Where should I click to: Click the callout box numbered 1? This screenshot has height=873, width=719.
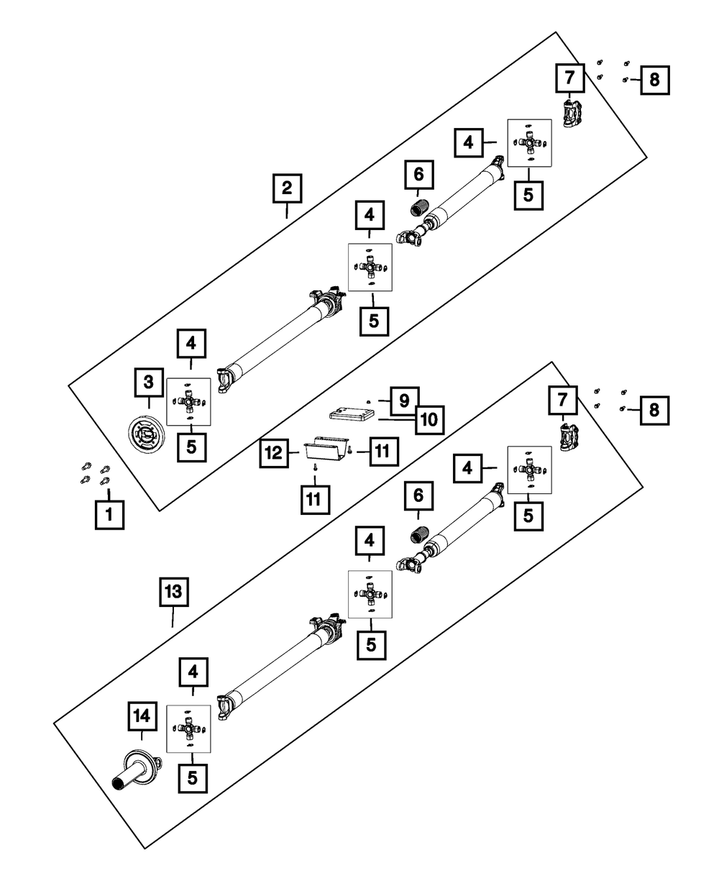point(109,515)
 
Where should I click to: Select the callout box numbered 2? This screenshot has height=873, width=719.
point(287,189)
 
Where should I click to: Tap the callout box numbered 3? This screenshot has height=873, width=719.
point(148,383)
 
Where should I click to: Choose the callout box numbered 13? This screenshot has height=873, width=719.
point(174,594)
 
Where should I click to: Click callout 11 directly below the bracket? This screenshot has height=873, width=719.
point(314,499)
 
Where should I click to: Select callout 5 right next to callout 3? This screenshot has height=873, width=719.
point(191,446)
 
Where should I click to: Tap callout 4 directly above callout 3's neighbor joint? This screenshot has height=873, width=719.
point(191,344)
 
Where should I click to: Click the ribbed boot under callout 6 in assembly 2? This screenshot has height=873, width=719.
point(418,209)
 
